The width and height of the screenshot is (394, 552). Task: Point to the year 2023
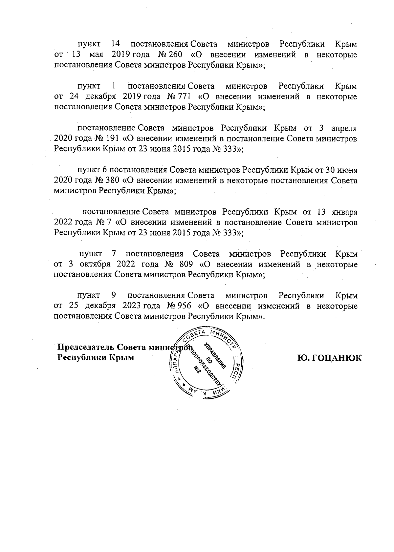(132, 306)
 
